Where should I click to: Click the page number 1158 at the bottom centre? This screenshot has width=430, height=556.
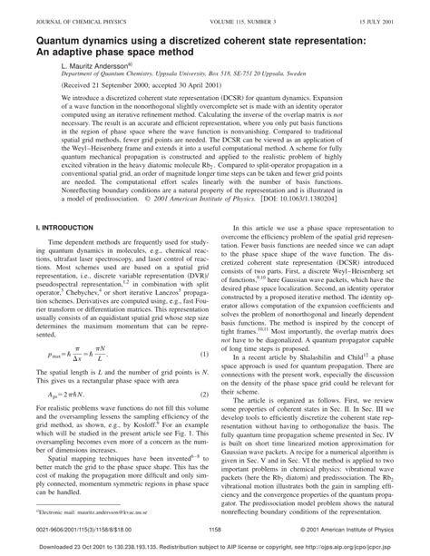click(215, 530)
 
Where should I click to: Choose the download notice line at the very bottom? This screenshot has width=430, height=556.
click(215, 548)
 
